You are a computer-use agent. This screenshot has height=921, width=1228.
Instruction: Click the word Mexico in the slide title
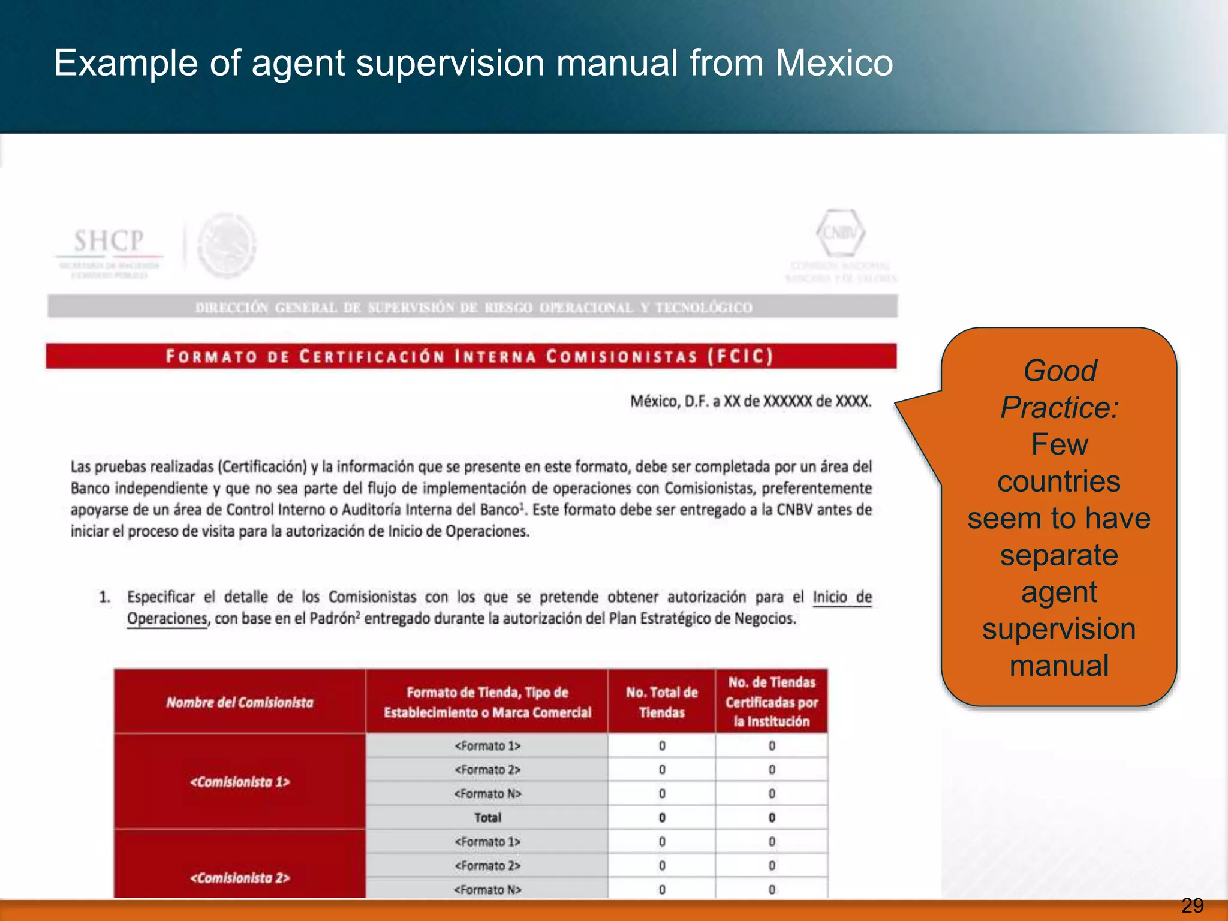click(x=834, y=62)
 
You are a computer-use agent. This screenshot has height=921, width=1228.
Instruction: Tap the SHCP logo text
click(x=109, y=241)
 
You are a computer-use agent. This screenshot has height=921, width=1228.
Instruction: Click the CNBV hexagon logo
click(x=841, y=233)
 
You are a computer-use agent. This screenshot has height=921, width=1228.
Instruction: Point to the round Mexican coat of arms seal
click(x=227, y=246)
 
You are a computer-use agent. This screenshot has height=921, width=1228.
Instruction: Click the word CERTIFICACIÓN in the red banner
click(x=372, y=357)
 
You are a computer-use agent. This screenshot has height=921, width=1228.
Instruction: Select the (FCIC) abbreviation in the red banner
click(x=741, y=357)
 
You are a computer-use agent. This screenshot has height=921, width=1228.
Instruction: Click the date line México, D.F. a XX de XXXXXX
click(x=751, y=401)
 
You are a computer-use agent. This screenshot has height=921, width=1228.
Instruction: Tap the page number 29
click(x=1192, y=905)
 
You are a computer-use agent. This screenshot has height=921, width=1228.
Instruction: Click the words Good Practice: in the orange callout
click(x=1060, y=389)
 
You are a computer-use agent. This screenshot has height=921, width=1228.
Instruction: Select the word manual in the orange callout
click(x=1059, y=666)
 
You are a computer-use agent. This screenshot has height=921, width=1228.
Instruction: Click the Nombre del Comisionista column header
click(x=240, y=702)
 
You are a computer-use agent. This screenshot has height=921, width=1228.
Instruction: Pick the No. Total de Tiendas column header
click(x=662, y=702)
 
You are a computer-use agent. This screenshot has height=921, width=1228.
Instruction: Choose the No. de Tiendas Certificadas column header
click(x=772, y=702)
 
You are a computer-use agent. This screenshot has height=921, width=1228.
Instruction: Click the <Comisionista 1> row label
click(x=240, y=782)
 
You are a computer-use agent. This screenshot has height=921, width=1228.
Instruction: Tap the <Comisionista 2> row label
click(x=240, y=878)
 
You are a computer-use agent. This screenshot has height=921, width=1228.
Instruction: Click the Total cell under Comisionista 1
click(x=487, y=818)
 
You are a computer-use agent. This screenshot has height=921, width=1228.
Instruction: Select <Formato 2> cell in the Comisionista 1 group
click(x=487, y=770)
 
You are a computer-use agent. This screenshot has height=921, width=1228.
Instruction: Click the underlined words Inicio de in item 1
click(x=842, y=597)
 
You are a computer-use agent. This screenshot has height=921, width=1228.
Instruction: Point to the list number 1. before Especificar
click(x=105, y=597)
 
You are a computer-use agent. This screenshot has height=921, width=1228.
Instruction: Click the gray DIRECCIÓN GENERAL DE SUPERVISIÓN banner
click(x=472, y=307)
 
